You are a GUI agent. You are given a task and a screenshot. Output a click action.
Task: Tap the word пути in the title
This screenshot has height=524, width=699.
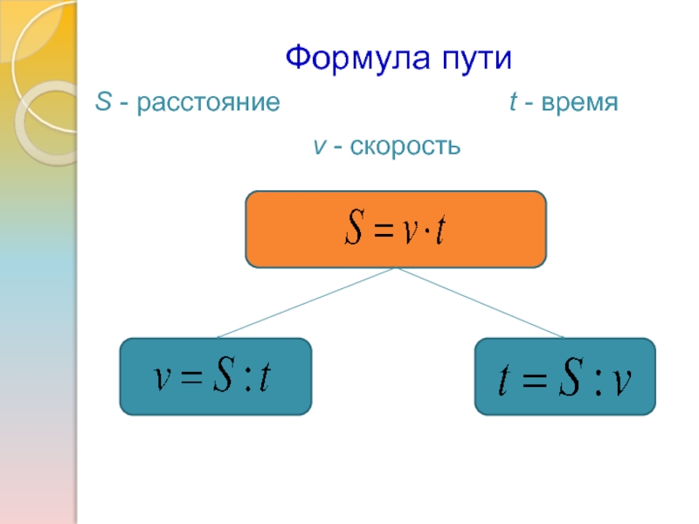(471, 61)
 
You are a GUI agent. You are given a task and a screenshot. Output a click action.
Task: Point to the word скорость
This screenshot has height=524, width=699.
(405, 146)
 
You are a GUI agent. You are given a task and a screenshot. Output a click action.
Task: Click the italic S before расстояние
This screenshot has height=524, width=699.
(102, 104)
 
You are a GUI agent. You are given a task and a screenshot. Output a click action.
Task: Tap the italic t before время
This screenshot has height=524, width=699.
(512, 104)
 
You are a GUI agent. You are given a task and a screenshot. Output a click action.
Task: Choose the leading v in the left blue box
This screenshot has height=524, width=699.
(162, 379)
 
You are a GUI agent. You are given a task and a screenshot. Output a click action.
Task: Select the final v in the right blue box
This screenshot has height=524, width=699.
(623, 381)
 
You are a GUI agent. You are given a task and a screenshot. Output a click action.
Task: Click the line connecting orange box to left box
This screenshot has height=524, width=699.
(306, 302)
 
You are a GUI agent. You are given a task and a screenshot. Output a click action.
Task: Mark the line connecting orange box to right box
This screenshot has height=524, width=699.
(481, 302)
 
